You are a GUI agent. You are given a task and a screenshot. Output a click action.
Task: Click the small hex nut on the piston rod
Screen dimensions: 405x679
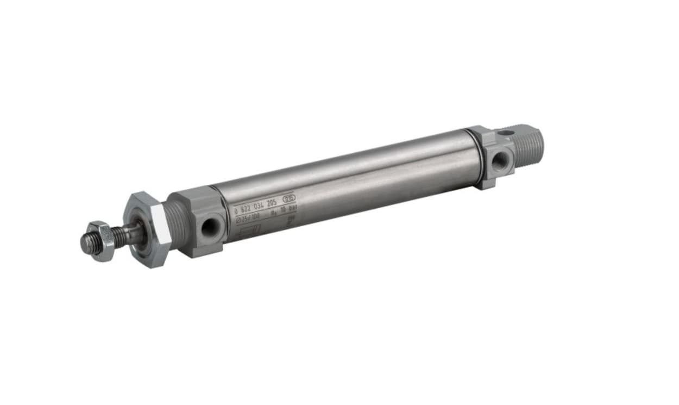tap(102, 241)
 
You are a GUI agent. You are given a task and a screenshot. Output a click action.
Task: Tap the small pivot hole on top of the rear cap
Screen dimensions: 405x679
tap(506, 133)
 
